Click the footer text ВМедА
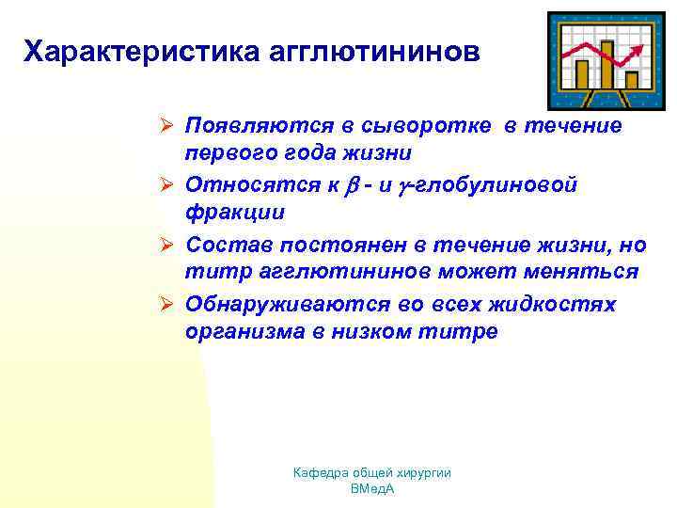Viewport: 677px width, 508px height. coord(371,489)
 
